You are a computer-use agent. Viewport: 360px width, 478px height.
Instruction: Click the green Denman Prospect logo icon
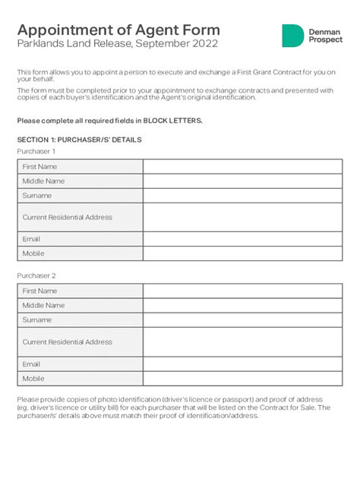[x=292, y=36]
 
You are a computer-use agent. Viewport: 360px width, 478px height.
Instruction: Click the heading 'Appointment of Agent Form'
[x=118, y=30]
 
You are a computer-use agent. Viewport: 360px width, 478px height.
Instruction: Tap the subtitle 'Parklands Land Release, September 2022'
[x=117, y=44]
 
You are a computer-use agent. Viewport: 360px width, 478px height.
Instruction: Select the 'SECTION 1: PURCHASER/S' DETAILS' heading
[x=79, y=140]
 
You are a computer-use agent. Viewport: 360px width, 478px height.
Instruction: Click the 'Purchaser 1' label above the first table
[x=36, y=152]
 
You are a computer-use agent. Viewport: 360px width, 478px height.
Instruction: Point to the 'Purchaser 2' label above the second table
[x=36, y=276]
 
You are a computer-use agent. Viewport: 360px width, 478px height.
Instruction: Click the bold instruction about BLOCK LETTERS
[x=109, y=121]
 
